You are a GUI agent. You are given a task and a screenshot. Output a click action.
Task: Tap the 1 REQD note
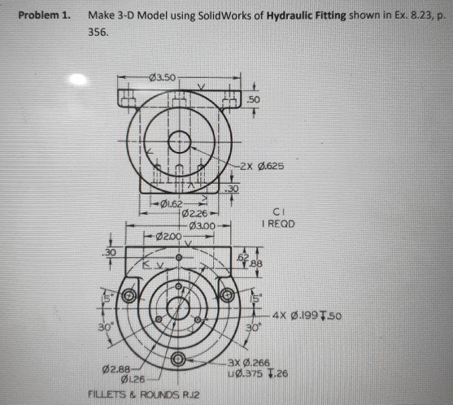273,221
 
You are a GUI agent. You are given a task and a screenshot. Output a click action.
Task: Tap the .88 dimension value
259,261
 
